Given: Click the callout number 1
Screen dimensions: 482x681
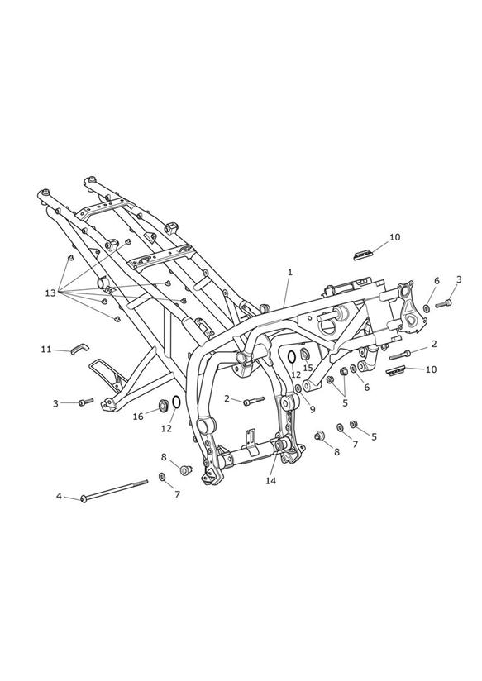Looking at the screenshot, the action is pyautogui.click(x=290, y=272).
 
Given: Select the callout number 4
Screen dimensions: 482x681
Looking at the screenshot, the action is pyautogui.click(x=59, y=496).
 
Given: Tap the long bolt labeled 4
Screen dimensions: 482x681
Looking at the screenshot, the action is pyautogui.click(x=114, y=490).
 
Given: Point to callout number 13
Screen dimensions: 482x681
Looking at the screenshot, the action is pyautogui.click(x=50, y=293).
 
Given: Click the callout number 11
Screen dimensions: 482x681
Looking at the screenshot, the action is pyautogui.click(x=46, y=350).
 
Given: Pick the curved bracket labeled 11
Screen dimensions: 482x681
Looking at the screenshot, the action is pyautogui.click(x=79, y=347).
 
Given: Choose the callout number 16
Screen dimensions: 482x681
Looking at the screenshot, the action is pyautogui.click(x=138, y=417).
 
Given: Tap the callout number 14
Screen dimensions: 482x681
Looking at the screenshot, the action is pyautogui.click(x=271, y=481).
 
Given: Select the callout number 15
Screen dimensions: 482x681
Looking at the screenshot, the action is pyautogui.click(x=308, y=368).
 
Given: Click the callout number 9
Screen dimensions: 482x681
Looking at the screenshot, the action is pyautogui.click(x=313, y=409).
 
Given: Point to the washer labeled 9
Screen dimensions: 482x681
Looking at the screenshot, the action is pyautogui.click(x=298, y=388).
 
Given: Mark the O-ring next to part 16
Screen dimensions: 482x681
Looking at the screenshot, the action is pyautogui.click(x=176, y=402).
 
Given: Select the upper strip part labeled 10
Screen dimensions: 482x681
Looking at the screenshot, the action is pyautogui.click(x=363, y=253).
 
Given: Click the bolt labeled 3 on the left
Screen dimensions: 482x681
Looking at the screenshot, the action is pyautogui.click(x=86, y=402).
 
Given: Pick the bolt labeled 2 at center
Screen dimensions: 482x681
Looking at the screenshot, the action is pyautogui.click(x=255, y=401).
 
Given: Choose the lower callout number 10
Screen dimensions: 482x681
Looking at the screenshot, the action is pyautogui.click(x=431, y=369).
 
